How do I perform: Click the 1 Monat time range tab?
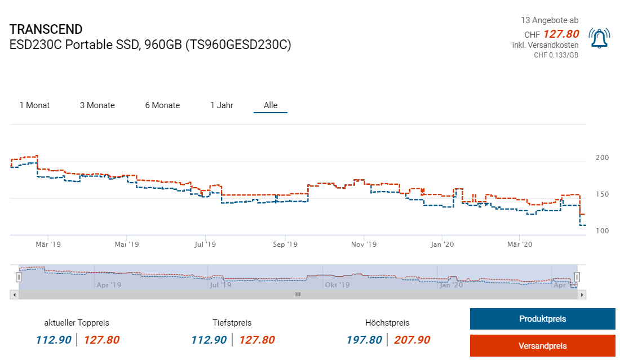coord(34,105)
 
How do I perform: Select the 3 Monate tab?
coord(97,105)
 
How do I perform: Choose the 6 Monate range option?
coord(162,105)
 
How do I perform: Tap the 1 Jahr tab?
coord(222,105)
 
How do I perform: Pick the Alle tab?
coord(271,105)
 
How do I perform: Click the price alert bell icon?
coord(599,38)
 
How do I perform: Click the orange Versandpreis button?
coord(542,346)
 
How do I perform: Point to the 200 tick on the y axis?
coord(602,158)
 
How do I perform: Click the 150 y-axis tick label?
coord(602,194)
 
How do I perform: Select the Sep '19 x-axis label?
coord(285,245)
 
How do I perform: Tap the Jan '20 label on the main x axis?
coord(442,245)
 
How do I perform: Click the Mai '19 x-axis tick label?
coord(127,245)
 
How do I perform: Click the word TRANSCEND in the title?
coord(46,29)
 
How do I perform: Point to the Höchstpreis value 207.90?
coord(412,340)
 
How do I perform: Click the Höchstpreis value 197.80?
coord(364,340)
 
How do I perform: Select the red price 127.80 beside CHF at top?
coord(561,34)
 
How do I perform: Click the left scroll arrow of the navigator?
coord(14,294)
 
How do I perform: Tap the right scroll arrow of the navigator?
coord(582,294)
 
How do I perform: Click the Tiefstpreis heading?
coord(232,323)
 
